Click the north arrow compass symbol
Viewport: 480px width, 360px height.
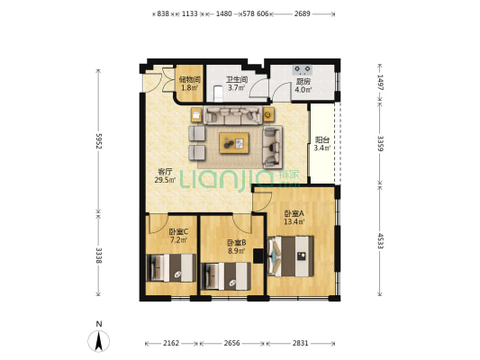(98, 341)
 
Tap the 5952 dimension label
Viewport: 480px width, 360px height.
(98, 140)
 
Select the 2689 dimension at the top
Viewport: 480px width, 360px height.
(303, 13)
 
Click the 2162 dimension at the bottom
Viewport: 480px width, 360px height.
(171, 343)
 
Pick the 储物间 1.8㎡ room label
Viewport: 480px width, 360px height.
(189, 84)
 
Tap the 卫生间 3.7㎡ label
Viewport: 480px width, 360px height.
(237, 84)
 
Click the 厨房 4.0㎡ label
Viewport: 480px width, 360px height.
(303, 85)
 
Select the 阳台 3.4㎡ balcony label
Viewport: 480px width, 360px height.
(322, 144)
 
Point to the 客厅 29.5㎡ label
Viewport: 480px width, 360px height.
(165, 175)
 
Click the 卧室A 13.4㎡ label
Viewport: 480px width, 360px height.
(294, 218)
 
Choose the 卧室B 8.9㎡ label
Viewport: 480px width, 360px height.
(236, 247)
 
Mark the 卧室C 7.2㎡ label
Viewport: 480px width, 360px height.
(178, 236)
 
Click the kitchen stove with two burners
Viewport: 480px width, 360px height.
(303, 70)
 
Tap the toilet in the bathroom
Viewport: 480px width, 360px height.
(218, 94)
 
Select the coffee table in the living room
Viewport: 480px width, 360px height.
(234, 143)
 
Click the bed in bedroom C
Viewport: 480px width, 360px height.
(171, 268)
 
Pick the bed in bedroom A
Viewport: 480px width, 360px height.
(290, 256)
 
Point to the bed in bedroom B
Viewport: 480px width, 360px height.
(226, 276)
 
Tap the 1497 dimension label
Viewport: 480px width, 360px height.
(380, 82)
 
